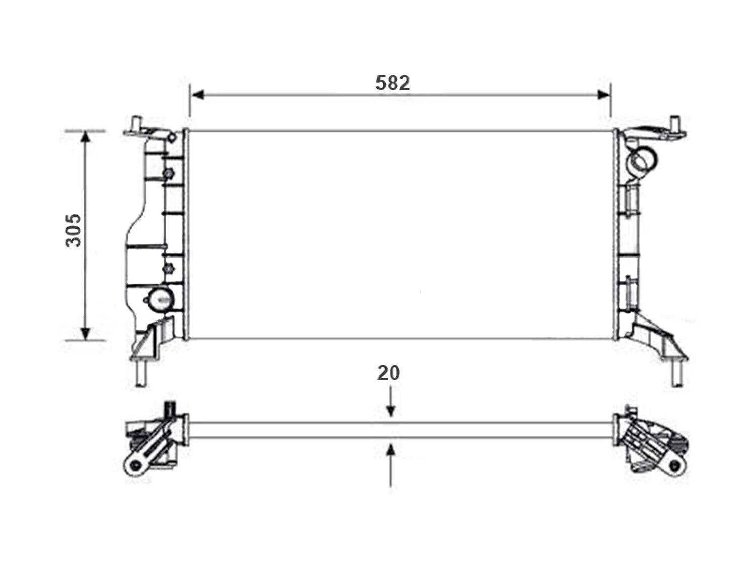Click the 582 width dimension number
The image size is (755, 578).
pyautogui.click(x=393, y=83)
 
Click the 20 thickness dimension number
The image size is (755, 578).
pyautogui.click(x=389, y=373)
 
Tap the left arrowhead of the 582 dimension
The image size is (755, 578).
pyautogui.click(x=198, y=95)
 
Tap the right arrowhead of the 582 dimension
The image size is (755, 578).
pyautogui.click(x=603, y=95)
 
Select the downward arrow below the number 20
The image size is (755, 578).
pyautogui.click(x=390, y=402)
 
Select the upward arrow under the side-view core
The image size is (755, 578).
pyautogui.click(x=390, y=466)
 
